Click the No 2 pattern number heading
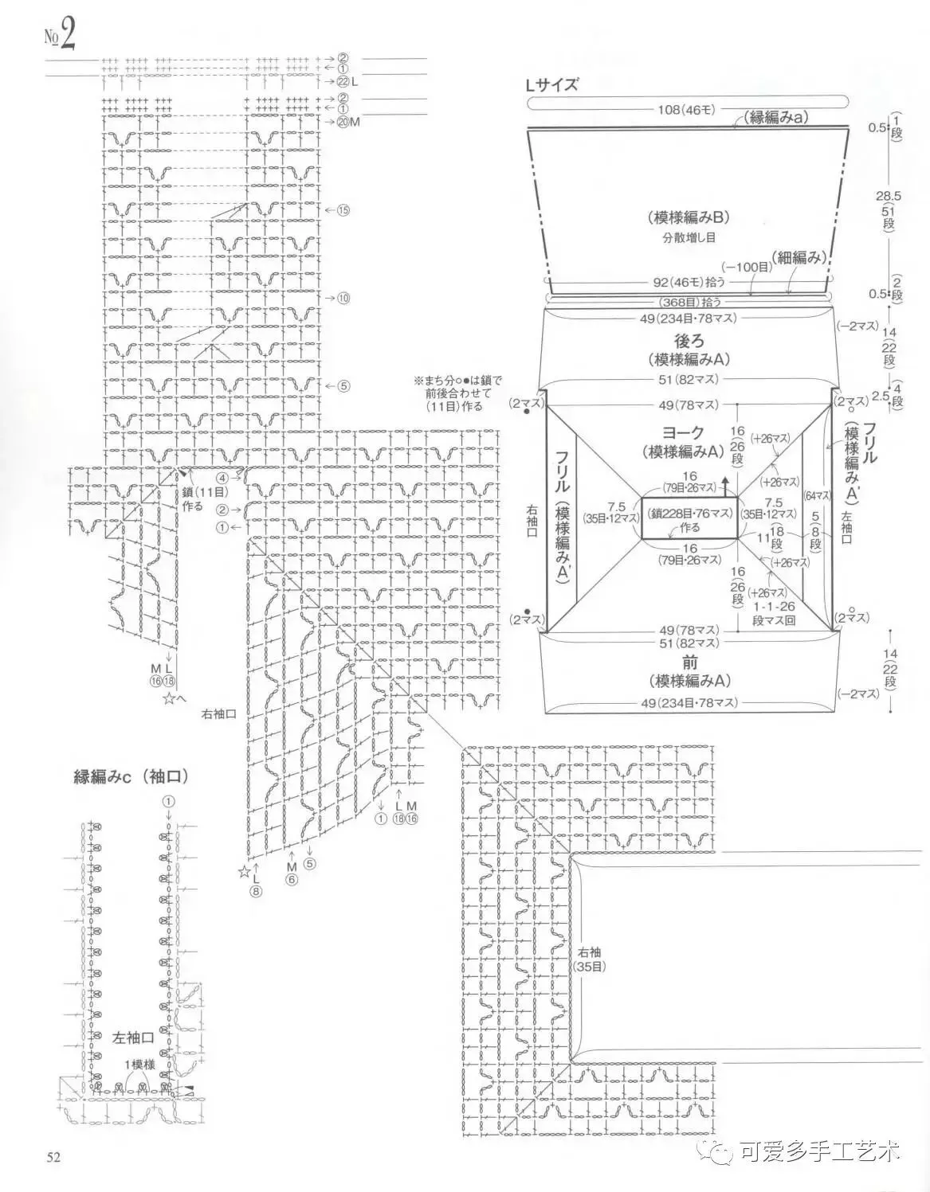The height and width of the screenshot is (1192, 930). (x=60, y=35)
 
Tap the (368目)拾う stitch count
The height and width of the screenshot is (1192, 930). (x=690, y=302)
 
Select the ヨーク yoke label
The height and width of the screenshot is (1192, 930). (x=685, y=432)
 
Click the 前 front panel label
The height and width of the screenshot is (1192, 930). (x=690, y=662)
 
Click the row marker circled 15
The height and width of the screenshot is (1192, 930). (x=343, y=210)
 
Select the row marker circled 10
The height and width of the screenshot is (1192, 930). (x=343, y=298)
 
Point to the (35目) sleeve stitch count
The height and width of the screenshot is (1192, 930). (x=591, y=967)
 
